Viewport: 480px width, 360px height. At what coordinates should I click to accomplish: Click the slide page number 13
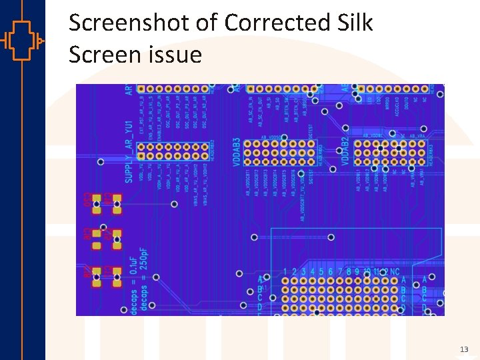point(464,349)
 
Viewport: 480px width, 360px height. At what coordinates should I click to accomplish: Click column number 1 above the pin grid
point(285,272)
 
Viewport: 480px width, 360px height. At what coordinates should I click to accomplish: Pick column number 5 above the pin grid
point(321,272)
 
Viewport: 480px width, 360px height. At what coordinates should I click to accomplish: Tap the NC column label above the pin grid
point(395,272)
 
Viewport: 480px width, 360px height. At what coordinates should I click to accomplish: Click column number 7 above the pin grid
point(340,272)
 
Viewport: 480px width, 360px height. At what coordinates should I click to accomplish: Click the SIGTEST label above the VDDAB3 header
point(311,133)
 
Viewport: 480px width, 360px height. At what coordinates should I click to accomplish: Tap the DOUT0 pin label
point(406,103)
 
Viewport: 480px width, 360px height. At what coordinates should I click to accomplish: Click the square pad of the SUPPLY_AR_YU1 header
point(141,155)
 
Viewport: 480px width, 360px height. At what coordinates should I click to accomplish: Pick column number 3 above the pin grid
point(303,272)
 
